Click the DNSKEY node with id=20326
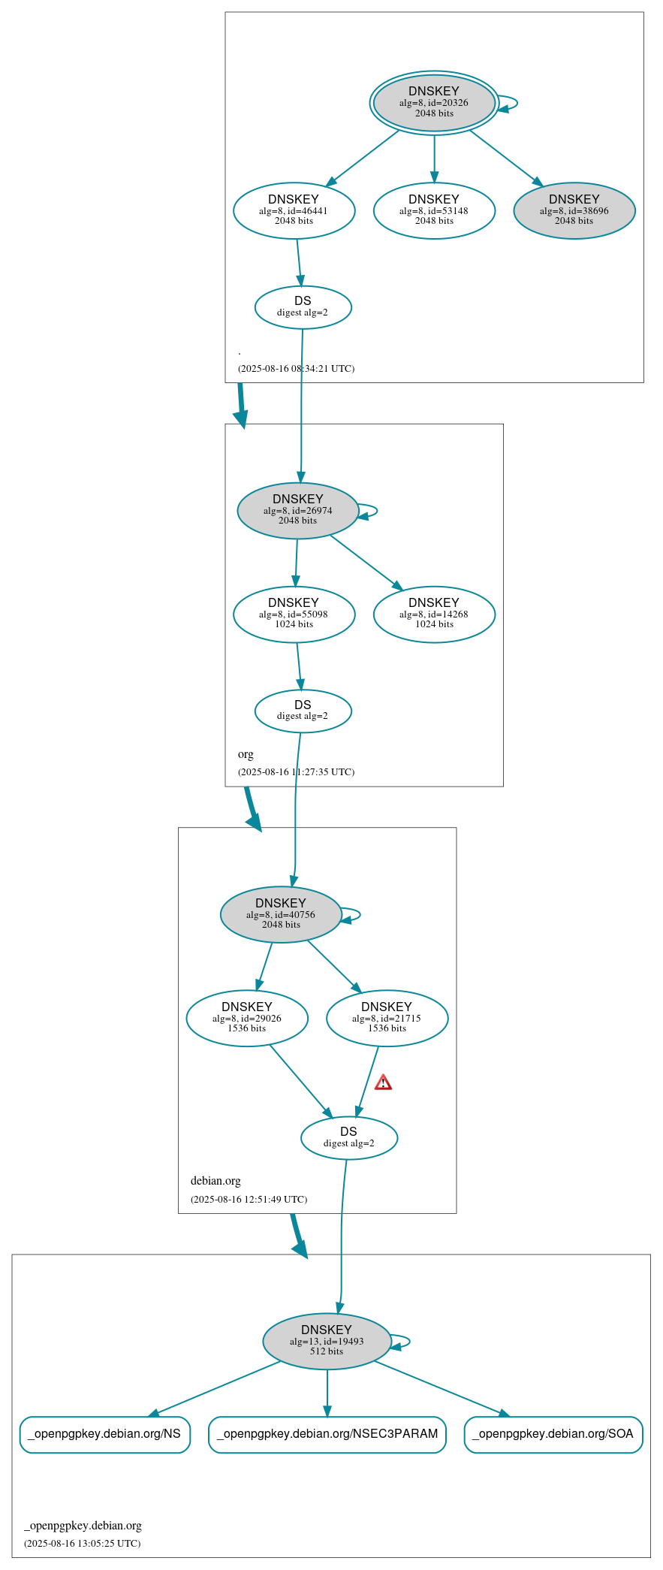coord(434,103)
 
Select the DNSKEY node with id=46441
coord(294,211)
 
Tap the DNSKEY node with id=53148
coord(434,211)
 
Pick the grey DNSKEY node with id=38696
coord(574,211)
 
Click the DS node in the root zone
coord(303,307)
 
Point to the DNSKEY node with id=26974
coord(298,511)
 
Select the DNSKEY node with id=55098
coord(294,614)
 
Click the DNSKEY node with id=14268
coord(434,614)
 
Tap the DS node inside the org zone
coord(303,711)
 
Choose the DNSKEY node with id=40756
coord(281,915)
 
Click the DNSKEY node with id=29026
coord(247,1019)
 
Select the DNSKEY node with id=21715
coord(387,1019)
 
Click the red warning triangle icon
coord(383,1082)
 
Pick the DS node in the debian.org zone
coord(349,1138)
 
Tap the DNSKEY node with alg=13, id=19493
coord(327,1342)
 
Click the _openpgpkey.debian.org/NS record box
coord(104,1434)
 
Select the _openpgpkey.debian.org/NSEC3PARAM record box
coord(327,1434)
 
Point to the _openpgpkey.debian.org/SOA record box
coord(553,1434)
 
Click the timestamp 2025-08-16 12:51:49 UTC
coord(249,1200)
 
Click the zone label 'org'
coord(246,754)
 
